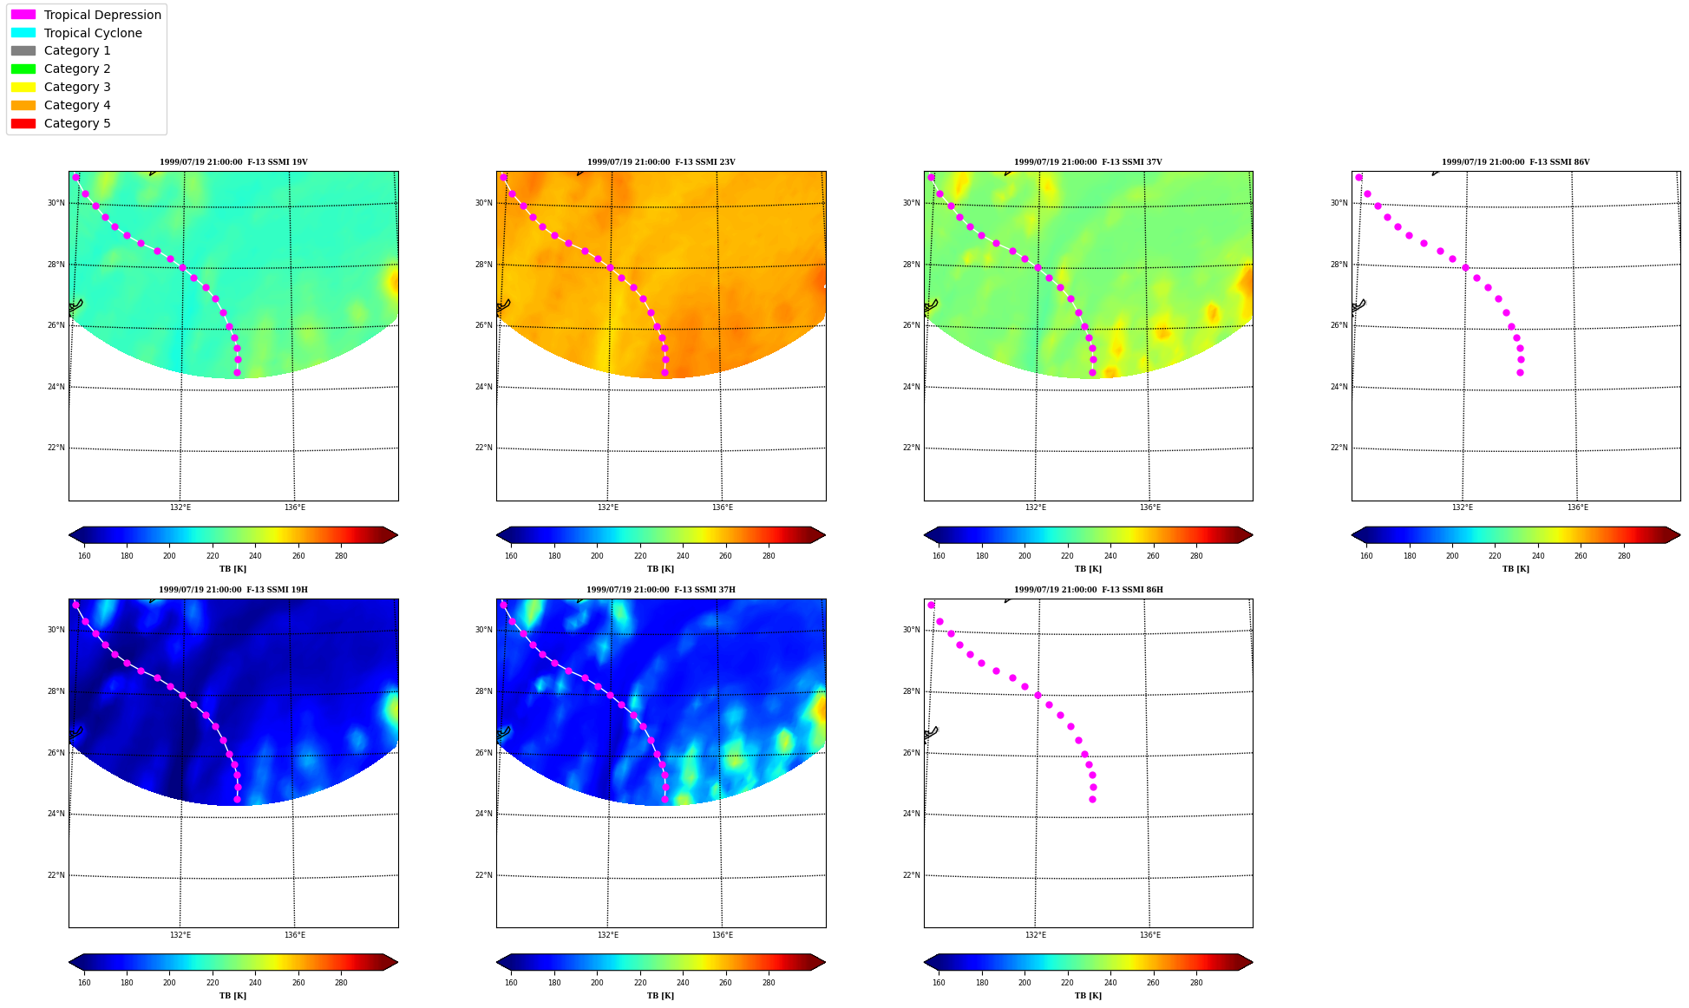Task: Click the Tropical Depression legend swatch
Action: coord(23,15)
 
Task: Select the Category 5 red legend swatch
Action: coord(23,123)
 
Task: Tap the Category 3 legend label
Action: coord(77,87)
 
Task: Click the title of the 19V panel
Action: coord(233,162)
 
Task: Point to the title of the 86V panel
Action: coord(1516,162)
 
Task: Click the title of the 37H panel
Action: coord(661,590)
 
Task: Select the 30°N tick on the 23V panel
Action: coord(483,203)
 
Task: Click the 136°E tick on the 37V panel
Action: coord(1150,507)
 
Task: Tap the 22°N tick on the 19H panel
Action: coord(56,875)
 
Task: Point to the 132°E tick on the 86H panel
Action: coord(1036,935)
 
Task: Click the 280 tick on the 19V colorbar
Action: coord(341,556)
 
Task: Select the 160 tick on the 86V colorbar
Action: coord(1366,556)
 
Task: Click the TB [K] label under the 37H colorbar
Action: coord(661,996)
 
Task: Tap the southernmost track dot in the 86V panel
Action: coord(1520,372)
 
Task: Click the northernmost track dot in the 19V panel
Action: coord(75,177)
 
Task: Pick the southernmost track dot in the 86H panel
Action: coord(1092,799)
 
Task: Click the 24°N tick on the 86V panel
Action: coord(1339,387)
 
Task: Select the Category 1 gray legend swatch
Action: coord(23,50)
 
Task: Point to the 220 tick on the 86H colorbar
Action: coord(1067,983)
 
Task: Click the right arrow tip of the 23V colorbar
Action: coord(826,534)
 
